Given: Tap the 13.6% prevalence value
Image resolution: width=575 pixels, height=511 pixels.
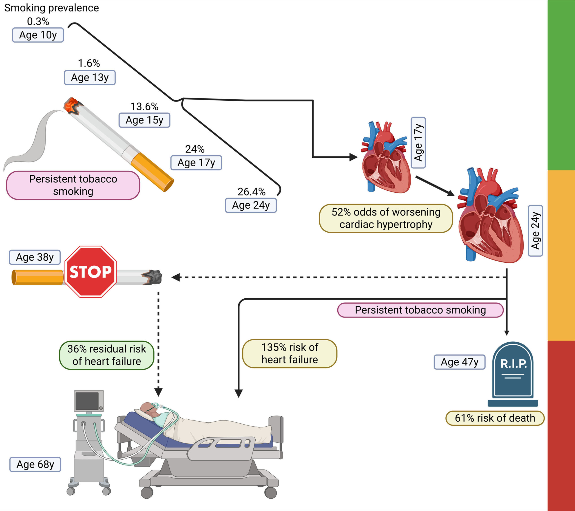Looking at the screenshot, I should pos(144,107).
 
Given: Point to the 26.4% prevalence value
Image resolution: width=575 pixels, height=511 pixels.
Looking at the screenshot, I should pos(251,192).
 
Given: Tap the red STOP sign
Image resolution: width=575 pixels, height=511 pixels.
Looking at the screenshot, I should pos(91,272).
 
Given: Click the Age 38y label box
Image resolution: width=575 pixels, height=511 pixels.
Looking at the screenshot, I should pos(35,257).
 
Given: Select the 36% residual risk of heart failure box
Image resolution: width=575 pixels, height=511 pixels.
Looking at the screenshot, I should pos(107,355).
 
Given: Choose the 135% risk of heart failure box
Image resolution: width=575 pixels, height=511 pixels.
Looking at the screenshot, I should pos(290,354).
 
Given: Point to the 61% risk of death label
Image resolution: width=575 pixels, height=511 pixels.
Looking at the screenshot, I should pos(495,418).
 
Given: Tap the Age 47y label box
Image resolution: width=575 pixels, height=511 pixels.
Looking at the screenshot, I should pos(459,362).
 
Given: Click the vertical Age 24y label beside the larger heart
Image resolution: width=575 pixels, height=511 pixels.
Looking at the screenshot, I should pos(535,231).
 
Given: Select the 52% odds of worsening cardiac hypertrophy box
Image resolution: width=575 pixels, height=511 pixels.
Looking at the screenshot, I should pos(386,218).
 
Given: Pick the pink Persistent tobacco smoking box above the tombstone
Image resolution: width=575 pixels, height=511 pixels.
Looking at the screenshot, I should pos(420,310).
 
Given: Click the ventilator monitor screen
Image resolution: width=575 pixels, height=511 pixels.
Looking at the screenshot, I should pos(87,401).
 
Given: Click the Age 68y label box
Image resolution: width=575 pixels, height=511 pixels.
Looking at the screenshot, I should pos(35,464).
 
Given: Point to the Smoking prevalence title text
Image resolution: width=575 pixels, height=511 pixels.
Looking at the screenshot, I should pos(51,8).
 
